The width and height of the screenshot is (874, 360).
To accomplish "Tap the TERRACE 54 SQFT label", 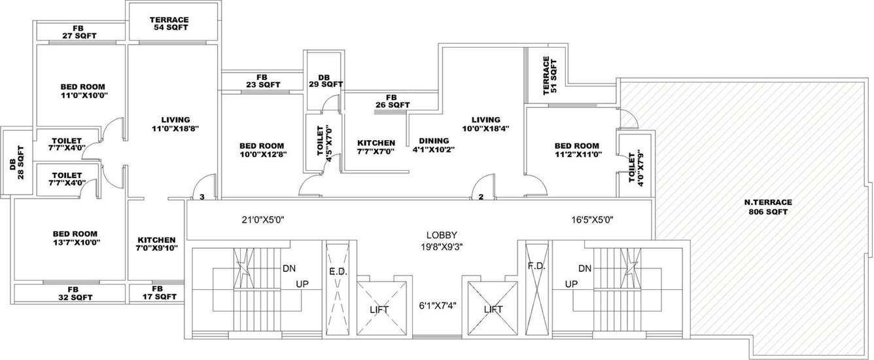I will click(169, 24).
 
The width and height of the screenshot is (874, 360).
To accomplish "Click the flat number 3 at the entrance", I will click(202, 196).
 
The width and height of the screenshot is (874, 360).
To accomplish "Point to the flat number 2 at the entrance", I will click(481, 196).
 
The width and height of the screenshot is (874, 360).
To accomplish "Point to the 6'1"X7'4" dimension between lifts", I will click(438, 305).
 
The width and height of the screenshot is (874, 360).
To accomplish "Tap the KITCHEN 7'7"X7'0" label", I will click(376, 147).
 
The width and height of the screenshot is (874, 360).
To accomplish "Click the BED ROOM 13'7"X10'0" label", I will click(75, 238).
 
